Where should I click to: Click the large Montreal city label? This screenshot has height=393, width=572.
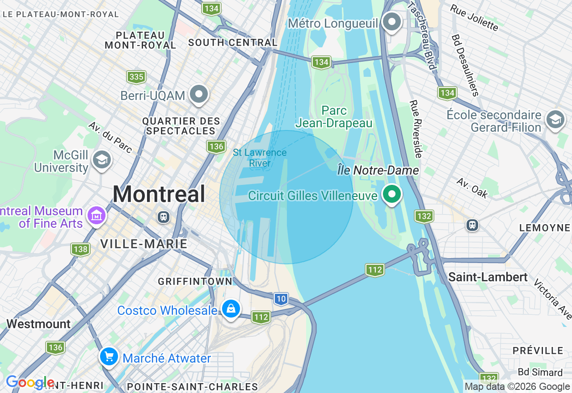click(159, 195)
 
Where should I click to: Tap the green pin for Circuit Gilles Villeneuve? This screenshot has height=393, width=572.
click(392, 195)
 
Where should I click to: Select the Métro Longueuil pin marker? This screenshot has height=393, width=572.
click(392, 22)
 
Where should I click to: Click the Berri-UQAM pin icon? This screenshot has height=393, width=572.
click(199, 95)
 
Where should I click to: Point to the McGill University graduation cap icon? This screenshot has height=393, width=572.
click(102, 159)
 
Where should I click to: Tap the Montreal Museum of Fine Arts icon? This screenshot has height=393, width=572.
click(97, 216)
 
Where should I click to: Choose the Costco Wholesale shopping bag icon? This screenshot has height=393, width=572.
click(231, 309)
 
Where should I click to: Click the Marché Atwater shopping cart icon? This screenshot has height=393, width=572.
click(109, 357)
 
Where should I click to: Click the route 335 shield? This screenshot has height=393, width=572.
click(136, 77)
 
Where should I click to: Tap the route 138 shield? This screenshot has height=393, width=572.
click(80, 249)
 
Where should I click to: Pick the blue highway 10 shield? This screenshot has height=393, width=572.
click(281, 299)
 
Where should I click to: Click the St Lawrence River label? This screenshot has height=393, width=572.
click(260, 158)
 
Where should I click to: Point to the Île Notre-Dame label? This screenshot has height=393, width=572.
click(378, 171)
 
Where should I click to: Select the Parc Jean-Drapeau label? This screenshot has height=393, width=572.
click(334, 117)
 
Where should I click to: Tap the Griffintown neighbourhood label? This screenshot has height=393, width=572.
click(195, 281)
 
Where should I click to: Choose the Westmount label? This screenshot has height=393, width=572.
click(38, 324)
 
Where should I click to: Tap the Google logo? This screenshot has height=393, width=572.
click(30, 383)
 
